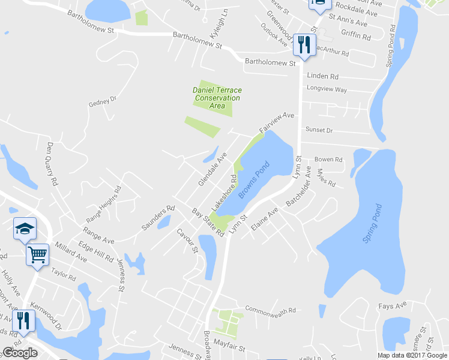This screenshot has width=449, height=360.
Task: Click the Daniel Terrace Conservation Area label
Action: (217, 98)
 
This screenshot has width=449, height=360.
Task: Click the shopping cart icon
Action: (37, 254)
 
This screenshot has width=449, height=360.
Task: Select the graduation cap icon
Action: (25, 228)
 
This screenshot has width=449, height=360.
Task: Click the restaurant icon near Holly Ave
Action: (23, 320)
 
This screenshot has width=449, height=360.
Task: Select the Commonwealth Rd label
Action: (271, 311)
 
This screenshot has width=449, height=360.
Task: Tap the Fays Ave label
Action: (393, 306)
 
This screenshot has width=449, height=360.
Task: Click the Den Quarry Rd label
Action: (52, 163)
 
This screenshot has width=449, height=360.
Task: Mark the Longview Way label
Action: (327, 90)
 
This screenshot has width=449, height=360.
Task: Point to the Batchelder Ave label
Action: (299, 188)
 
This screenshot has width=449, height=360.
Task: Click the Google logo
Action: (20, 353)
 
